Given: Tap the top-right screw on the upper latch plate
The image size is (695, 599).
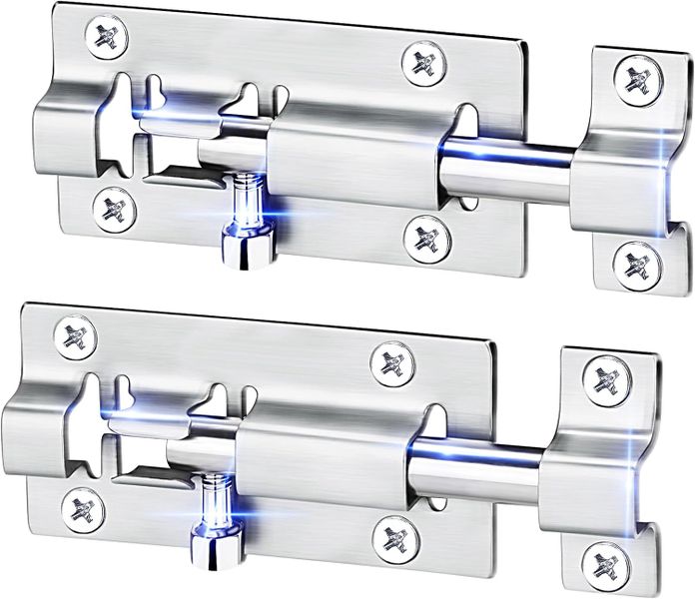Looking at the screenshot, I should tap(424, 62).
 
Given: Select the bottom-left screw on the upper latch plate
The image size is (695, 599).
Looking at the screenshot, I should tap(114, 209).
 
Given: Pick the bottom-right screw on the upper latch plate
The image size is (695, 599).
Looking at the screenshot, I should tap(427, 238).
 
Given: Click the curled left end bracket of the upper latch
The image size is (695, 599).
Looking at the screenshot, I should tap(65, 130).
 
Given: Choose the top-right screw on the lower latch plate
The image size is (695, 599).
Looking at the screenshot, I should tap(392, 362).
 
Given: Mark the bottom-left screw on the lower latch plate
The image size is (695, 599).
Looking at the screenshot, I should tap(81, 508).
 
